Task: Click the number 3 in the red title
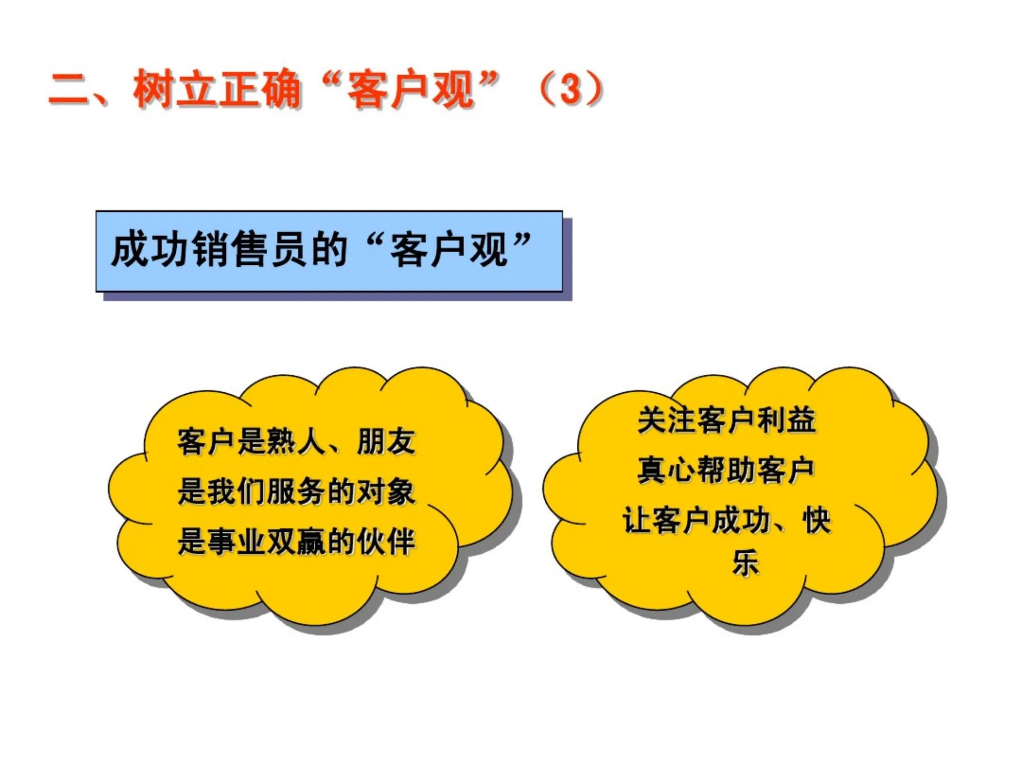click(571, 89)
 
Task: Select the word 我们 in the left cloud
click(237, 492)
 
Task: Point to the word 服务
click(296, 492)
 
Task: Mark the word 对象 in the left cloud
click(386, 492)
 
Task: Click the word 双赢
click(296, 542)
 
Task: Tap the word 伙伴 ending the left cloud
click(386, 542)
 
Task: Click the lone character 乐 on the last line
click(746, 562)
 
